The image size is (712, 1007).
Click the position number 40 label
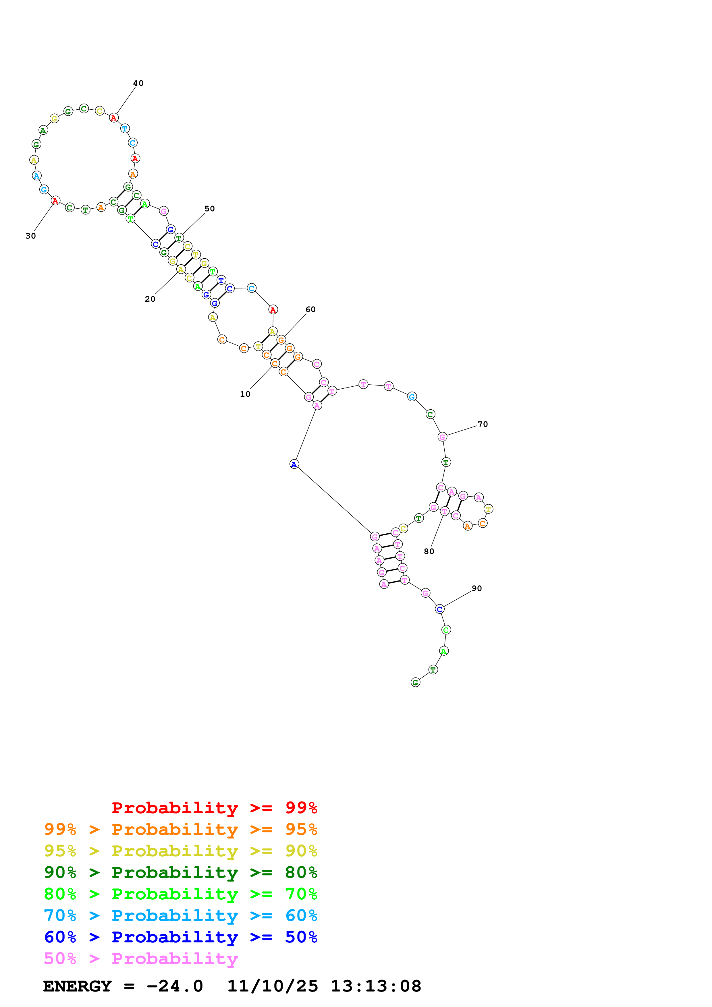[138, 83]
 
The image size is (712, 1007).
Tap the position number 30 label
[31, 236]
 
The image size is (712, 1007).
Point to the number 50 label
[210, 209]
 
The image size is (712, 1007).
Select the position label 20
[150, 299]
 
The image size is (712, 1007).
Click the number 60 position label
[310, 310]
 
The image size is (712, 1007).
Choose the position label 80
[429, 552]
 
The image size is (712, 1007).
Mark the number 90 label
[477, 588]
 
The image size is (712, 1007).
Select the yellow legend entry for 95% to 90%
[181, 851]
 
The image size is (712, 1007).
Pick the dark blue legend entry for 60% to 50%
[181, 937]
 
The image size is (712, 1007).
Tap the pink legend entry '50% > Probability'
[141, 958]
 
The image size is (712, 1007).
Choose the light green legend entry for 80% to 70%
[181, 894]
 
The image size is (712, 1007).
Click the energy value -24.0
[175, 986]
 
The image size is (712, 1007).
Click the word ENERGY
[77, 986]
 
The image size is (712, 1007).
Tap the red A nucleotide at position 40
[114, 118]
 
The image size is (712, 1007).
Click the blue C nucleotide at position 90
[439, 609]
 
